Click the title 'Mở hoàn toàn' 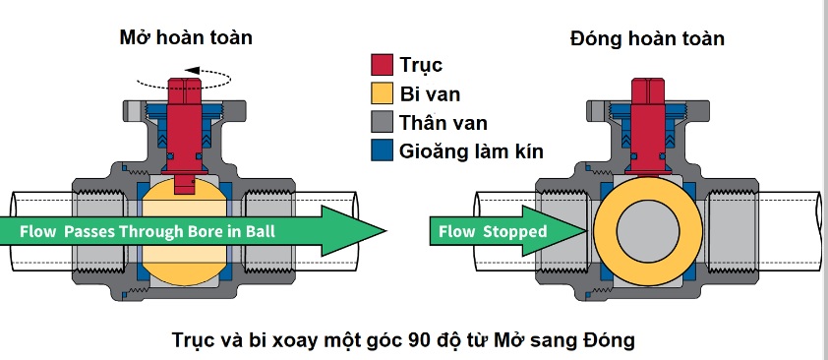tap(186, 38)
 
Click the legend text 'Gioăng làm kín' tap(471, 151)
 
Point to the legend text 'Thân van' tap(444, 123)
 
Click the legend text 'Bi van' tap(431, 94)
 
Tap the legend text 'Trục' tap(421, 67)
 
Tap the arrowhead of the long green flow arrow tap(364, 231)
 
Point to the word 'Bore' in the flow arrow tap(212, 231)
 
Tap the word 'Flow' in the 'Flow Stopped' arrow tap(456, 231)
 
